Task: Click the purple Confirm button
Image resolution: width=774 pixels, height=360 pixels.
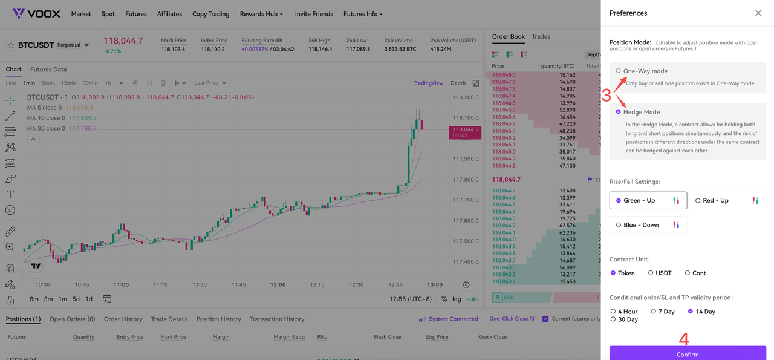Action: pos(688,353)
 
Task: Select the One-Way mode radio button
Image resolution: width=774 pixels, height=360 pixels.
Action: pos(618,71)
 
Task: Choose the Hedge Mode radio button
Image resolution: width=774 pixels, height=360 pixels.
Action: pos(618,112)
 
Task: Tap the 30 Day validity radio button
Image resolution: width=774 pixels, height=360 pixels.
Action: pos(613,319)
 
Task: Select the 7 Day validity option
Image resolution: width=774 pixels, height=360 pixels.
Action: pos(653,311)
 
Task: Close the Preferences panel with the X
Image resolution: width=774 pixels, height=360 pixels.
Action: pos(758,13)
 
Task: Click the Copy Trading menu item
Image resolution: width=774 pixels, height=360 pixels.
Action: pos(211,14)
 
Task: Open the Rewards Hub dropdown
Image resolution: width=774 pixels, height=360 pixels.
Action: pos(261,14)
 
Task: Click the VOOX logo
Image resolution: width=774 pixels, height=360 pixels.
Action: pos(36,13)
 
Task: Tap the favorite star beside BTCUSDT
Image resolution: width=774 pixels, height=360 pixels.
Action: pos(11,45)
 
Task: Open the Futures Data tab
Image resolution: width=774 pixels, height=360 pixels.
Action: pos(48,69)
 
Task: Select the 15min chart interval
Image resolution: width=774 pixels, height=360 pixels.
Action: pos(68,83)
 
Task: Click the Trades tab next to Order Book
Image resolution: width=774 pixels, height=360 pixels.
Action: pos(541,36)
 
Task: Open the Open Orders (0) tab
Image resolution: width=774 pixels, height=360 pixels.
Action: pos(72,319)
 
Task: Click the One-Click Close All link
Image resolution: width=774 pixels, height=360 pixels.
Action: pos(512,318)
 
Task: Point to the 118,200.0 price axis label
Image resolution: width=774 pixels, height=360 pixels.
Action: pos(466,97)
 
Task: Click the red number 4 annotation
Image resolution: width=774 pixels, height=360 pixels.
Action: pos(683,339)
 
